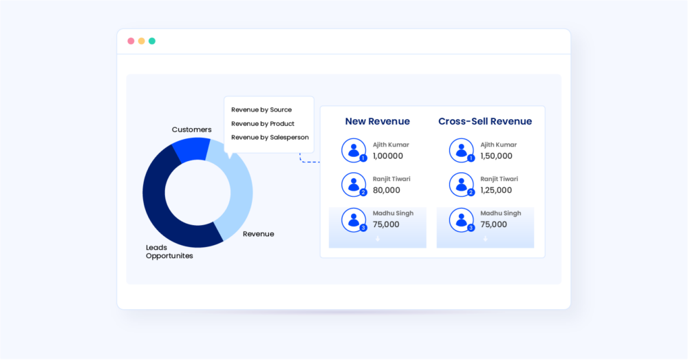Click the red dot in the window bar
tap(131, 41)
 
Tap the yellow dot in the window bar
tap(142, 41)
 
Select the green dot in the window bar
tap(152, 41)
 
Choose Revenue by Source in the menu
tap(261, 109)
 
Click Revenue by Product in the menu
tap(263, 124)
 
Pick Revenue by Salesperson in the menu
tap(270, 138)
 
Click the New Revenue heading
tap(377, 122)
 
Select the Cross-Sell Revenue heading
tap(485, 122)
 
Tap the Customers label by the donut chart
tap(191, 129)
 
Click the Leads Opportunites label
tap(169, 251)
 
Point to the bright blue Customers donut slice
tap(191, 149)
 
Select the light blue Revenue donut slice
tap(237, 193)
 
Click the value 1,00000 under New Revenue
tap(388, 156)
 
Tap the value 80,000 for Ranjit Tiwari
tap(386, 191)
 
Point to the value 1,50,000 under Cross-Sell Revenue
tap(496, 156)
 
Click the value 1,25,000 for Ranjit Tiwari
tap(496, 191)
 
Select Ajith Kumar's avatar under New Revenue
tap(354, 150)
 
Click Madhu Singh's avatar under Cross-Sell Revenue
tap(461, 220)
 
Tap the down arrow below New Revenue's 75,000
tap(377, 238)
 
